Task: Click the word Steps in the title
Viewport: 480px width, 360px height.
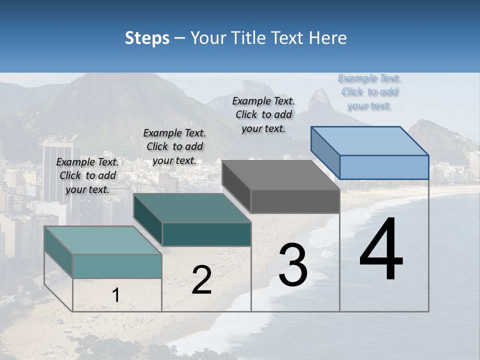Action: [147, 38]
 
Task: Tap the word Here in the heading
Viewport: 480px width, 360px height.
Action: [327, 38]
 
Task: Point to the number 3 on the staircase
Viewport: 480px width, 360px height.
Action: [293, 264]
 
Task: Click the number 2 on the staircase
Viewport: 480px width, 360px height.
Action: [201, 280]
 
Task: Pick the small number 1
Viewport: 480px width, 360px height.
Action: [115, 295]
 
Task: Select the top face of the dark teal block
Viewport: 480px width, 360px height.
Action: [192, 207]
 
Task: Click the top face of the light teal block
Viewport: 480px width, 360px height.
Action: [103, 240]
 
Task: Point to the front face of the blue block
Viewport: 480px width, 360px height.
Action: [384, 167]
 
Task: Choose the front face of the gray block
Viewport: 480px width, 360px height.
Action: [295, 201]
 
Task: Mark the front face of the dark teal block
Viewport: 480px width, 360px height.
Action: [206, 234]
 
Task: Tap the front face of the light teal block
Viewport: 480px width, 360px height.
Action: [117, 266]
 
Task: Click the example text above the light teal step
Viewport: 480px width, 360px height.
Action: [87, 175]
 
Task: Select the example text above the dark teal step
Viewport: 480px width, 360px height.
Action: [174, 146]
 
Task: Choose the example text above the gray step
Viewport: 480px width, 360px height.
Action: [263, 114]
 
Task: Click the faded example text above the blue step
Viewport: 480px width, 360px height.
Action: [369, 92]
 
